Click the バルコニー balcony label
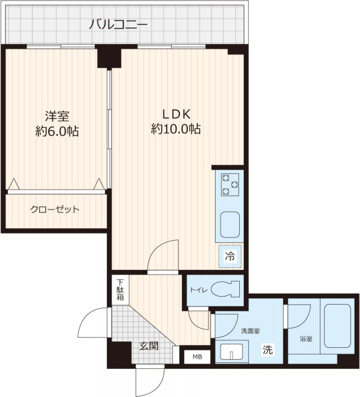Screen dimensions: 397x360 [118, 23]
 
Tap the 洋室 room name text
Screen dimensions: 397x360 [57, 116]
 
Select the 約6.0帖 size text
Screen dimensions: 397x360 [57, 132]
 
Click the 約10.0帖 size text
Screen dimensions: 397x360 [175, 130]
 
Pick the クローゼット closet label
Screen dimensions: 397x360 [55, 209]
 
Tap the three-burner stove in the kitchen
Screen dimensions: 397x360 [230, 184]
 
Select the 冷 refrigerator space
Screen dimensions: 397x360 [230, 257]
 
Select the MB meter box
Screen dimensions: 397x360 [198, 356]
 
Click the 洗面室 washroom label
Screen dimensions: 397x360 [250, 331]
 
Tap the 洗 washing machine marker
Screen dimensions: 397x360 [268, 349]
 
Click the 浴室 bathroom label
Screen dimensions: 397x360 [306, 339]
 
